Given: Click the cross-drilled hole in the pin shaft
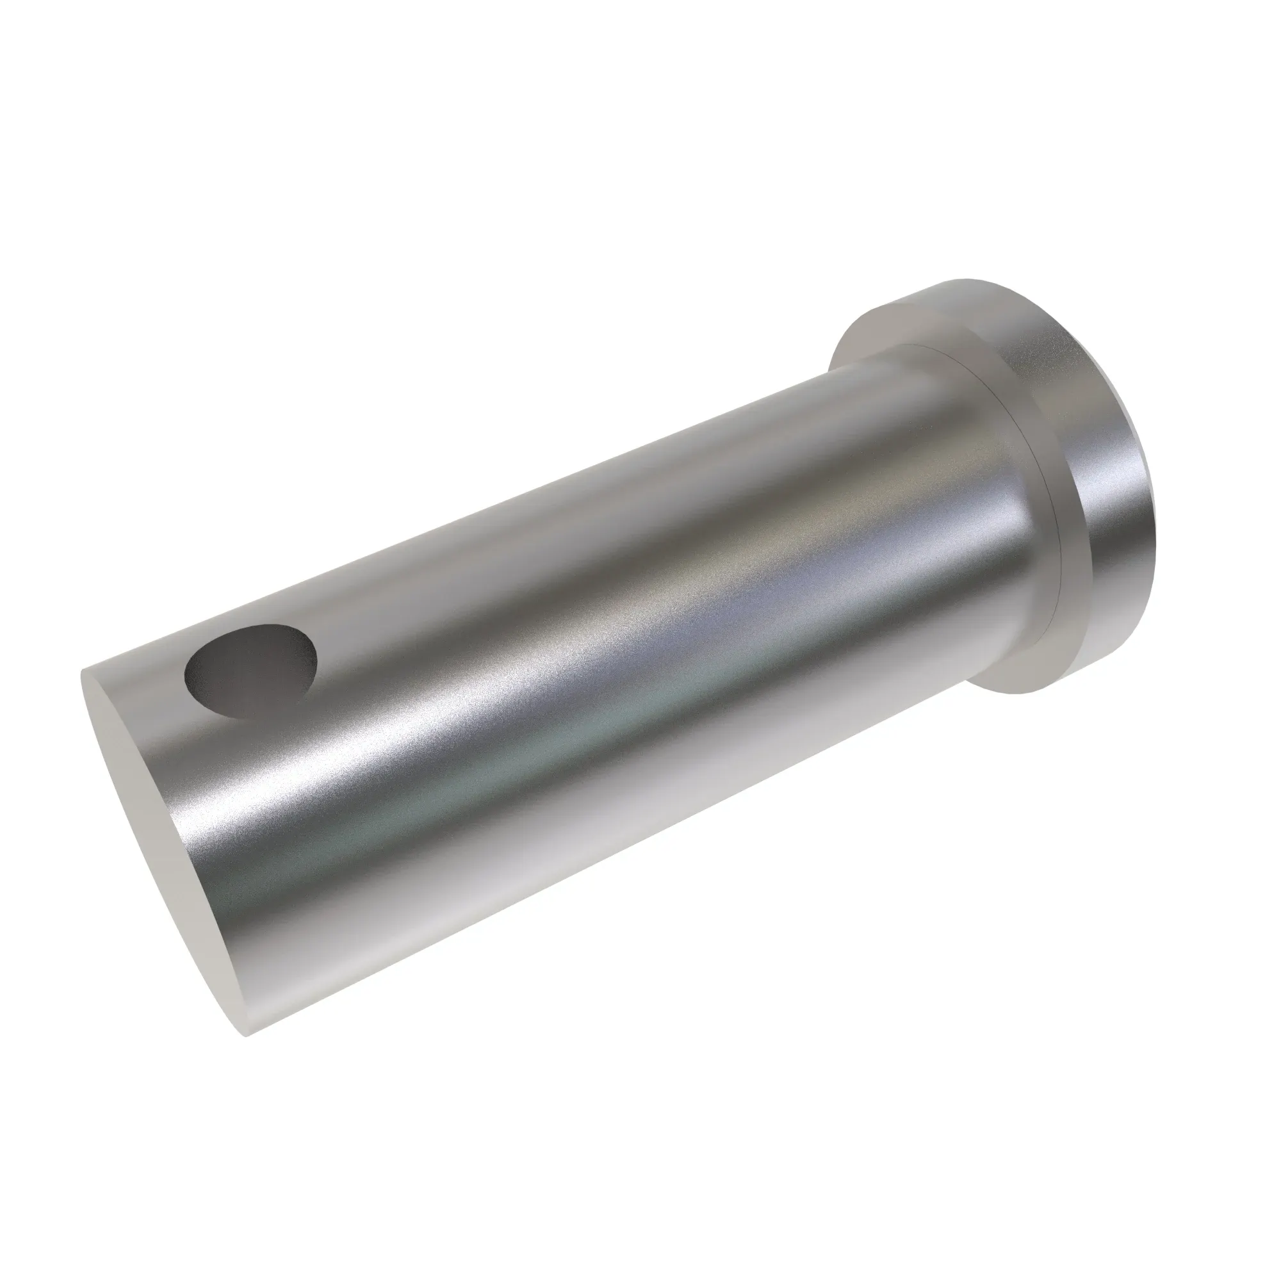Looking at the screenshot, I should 250,671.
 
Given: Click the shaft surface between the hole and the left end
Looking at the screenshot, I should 159,676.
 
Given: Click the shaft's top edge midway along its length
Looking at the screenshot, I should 497,511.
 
